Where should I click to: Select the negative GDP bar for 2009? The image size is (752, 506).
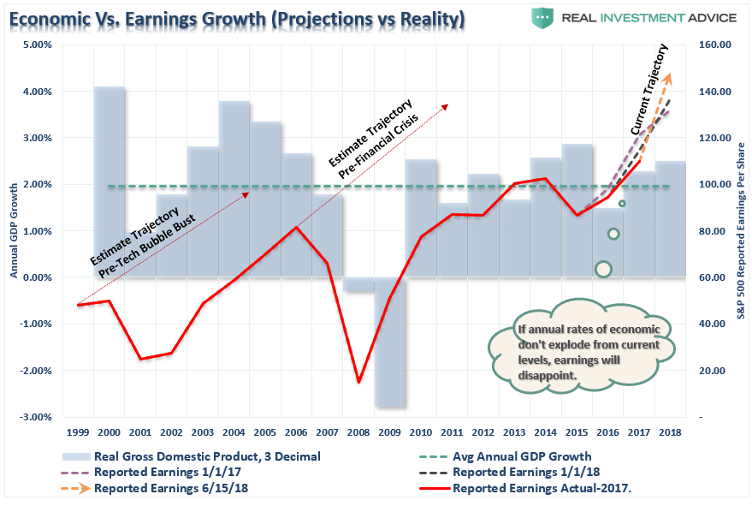390,342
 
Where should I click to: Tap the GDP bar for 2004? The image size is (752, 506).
234,188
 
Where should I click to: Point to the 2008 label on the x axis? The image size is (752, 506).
359,432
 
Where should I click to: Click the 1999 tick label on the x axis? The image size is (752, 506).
78,432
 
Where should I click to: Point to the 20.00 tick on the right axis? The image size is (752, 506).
711,371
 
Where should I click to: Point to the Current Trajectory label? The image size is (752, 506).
650,103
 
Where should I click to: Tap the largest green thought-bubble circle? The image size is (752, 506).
603,269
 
